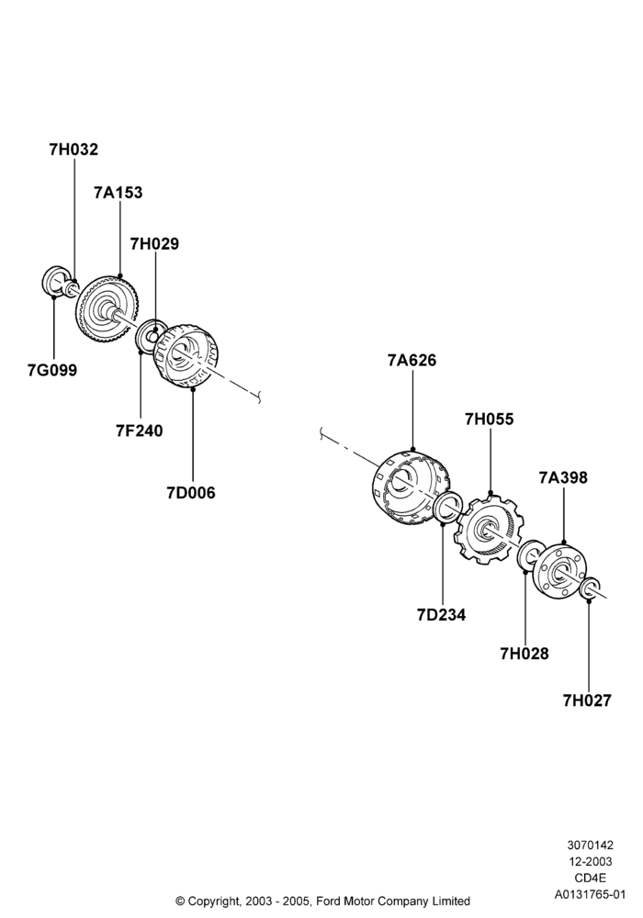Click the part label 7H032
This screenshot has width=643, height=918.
coord(73,150)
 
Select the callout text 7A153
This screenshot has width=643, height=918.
coord(118,193)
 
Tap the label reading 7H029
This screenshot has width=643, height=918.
coord(154,243)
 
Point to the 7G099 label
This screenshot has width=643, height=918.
coord(52,370)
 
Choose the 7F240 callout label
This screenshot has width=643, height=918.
coord(140,431)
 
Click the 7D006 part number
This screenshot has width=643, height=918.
coord(191,493)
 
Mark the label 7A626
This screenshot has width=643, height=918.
coord(412,360)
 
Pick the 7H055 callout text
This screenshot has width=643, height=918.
coord(489,420)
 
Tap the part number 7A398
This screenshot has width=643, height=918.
coord(563,477)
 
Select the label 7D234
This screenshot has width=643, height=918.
coord(442,615)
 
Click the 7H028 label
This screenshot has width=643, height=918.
coord(525,654)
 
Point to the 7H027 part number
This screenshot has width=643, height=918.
coord(587,700)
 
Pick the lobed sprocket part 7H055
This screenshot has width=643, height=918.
coord(489,529)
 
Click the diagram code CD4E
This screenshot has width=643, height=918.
coord(590,879)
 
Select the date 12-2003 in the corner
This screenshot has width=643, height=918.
coord(590,862)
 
